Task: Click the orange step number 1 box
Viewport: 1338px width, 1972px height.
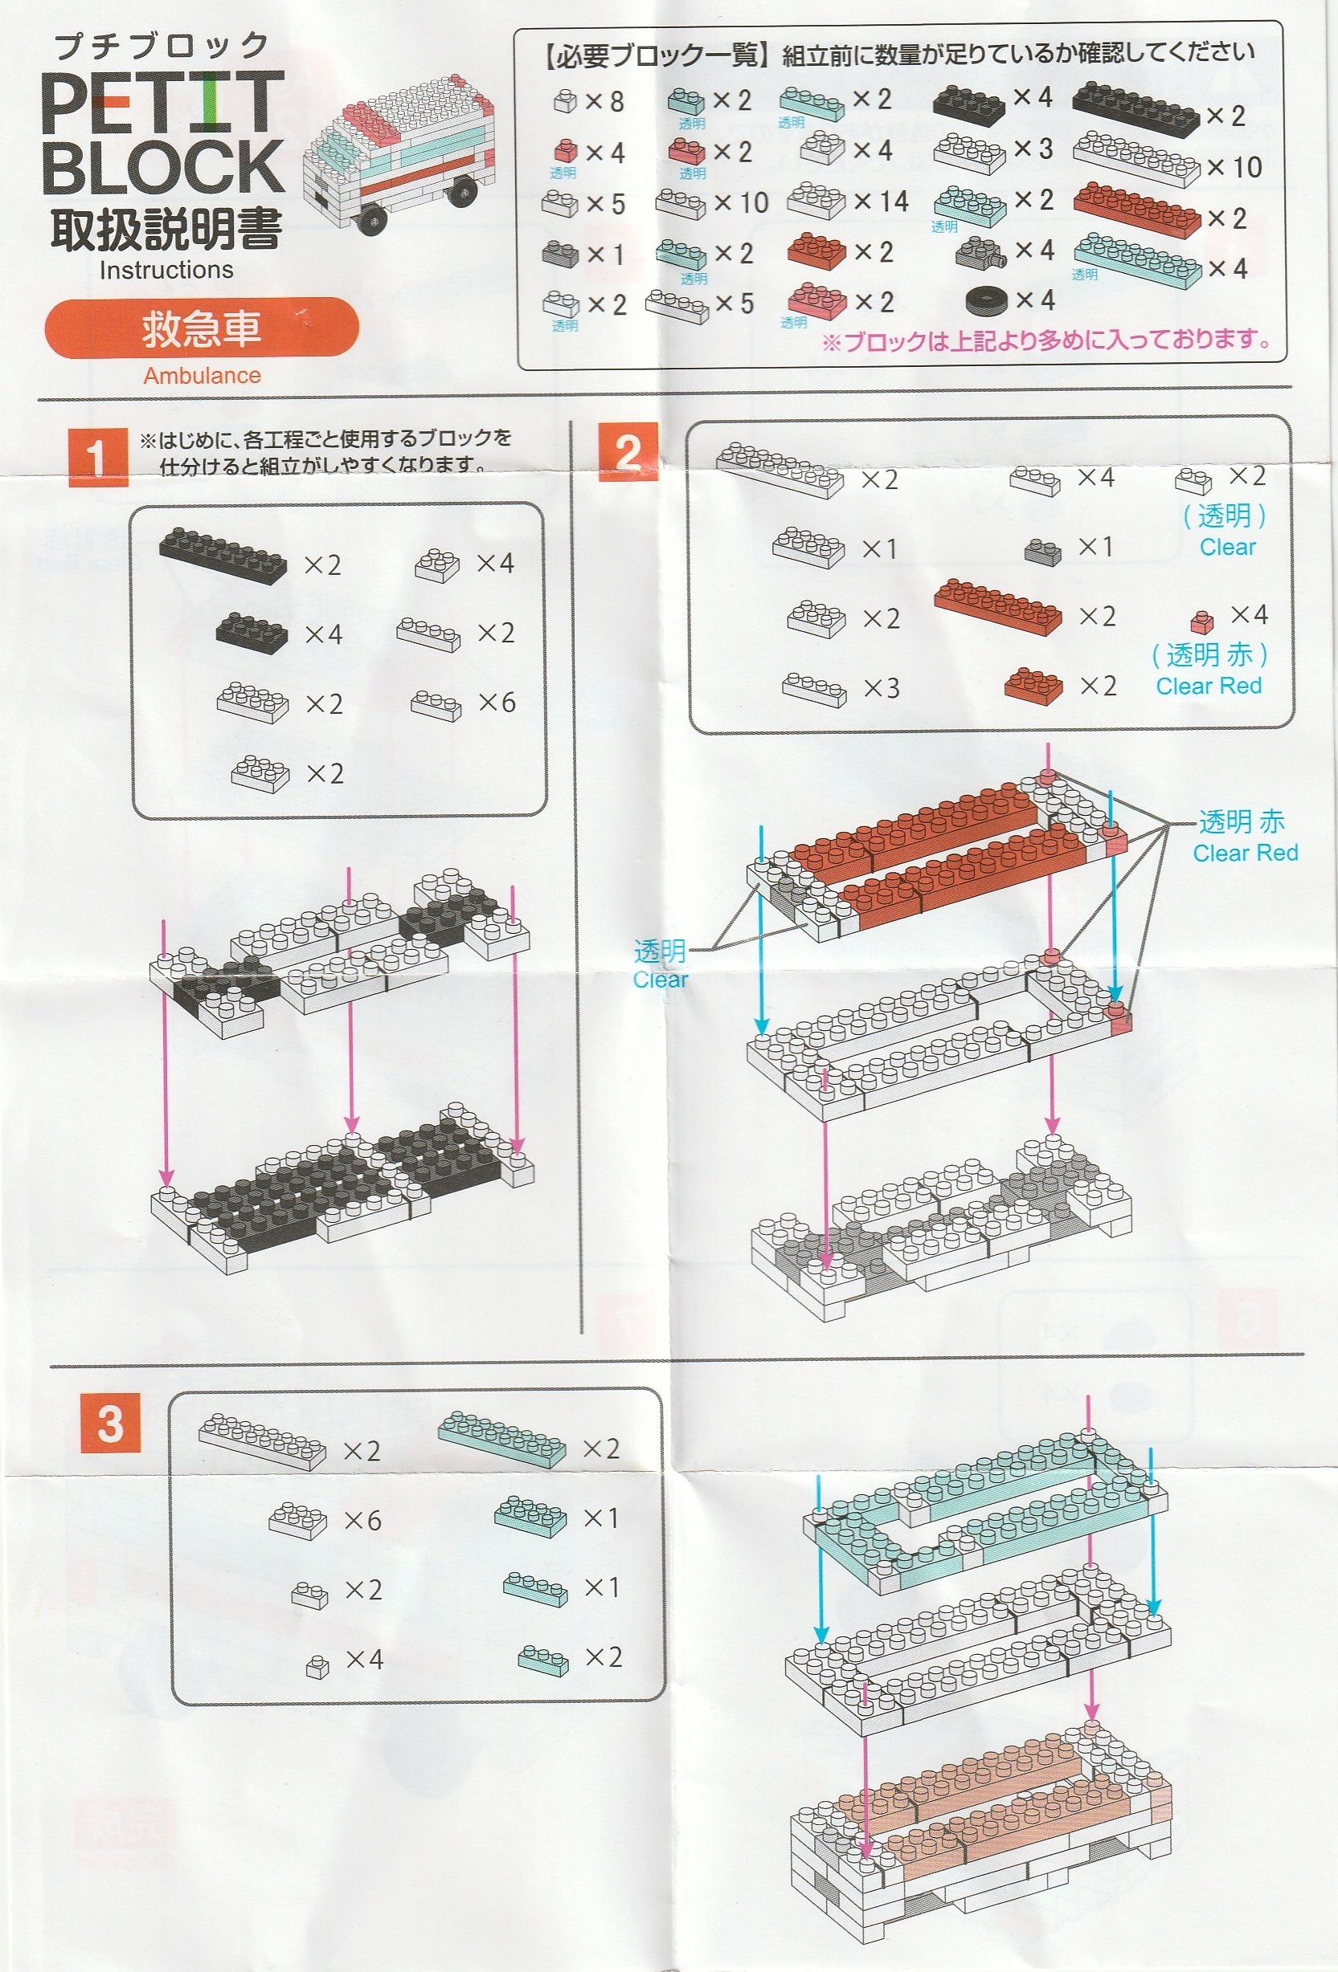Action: [x=97, y=457]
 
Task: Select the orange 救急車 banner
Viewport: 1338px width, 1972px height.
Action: [x=201, y=328]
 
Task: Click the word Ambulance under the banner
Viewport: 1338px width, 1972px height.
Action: [x=202, y=375]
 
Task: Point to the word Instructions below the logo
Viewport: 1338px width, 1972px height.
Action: [x=166, y=270]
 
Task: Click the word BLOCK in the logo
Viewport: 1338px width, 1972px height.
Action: [x=162, y=166]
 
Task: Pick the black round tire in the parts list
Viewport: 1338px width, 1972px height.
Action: [x=986, y=299]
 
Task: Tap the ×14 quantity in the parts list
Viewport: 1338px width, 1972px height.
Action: [x=882, y=202]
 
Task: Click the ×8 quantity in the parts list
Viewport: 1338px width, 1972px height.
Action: [x=604, y=102]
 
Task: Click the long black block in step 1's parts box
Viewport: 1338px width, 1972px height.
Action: [x=223, y=555]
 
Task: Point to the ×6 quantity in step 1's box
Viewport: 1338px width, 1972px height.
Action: [x=497, y=702]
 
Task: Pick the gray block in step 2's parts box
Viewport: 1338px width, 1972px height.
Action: [x=1042, y=552]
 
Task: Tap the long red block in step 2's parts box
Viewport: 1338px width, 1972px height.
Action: [x=997, y=606]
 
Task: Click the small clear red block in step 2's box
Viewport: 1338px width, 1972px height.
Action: [x=1201, y=622]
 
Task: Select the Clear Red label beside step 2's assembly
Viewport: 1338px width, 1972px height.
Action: [x=1246, y=853]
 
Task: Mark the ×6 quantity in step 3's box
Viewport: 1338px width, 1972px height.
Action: [x=362, y=1521]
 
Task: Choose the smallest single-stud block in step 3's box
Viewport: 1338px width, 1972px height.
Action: [x=317, y=1668]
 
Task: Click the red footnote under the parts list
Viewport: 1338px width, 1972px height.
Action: [x=1046, y=341]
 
